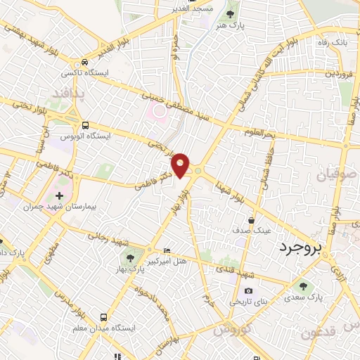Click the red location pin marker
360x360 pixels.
181,165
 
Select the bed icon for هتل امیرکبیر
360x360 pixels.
166,251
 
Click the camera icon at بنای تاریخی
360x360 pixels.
247,291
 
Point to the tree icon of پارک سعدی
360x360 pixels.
303,285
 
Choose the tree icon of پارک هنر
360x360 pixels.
230,14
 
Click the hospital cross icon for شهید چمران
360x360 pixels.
59,195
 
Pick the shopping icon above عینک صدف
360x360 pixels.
251,219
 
